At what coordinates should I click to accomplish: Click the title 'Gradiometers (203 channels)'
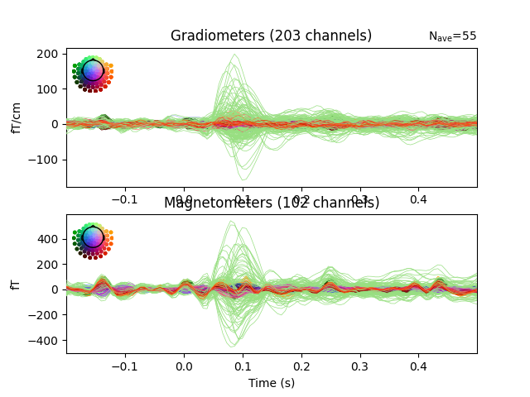click(271, 36)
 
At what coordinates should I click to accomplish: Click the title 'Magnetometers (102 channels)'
click(271, 203)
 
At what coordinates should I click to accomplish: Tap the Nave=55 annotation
click(452, 36)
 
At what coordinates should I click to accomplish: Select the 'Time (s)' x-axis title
click(271, 383)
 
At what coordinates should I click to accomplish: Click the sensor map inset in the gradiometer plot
click(93, 72)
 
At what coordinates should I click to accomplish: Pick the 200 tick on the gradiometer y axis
click(48, 54)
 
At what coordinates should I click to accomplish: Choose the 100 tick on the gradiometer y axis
click(48, 88)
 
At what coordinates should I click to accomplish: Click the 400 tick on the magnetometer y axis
click(48, 239)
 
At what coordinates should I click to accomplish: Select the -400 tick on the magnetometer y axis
click(45, 341)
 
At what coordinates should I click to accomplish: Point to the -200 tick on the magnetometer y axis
click(45, 315)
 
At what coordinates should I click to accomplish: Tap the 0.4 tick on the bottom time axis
click(418, 366)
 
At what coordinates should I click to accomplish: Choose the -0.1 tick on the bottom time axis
click(124, 366)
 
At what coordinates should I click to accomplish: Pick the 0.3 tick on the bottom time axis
click(359, 366)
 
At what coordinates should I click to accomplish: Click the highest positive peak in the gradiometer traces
click(235, 55)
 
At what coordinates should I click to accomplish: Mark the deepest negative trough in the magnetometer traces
click(234, 345)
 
